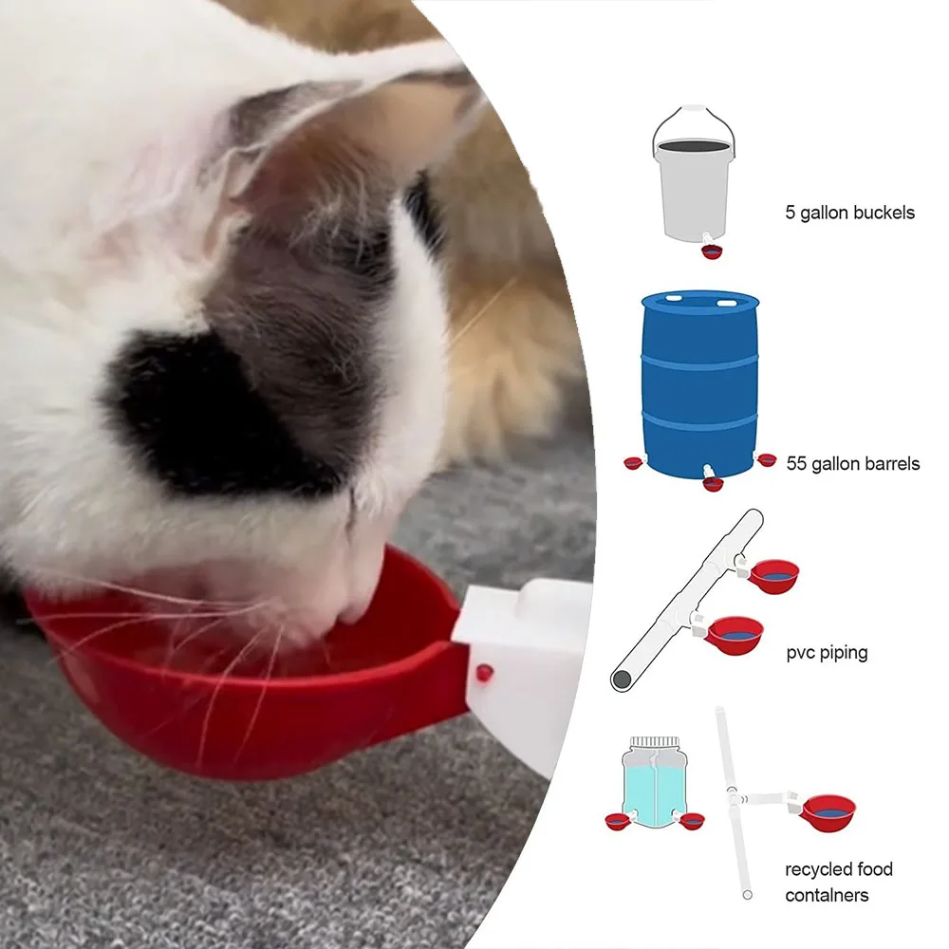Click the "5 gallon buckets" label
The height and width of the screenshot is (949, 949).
point(849,213)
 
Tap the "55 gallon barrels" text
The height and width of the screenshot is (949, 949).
point(853,464)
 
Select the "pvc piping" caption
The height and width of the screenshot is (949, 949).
point(827,653)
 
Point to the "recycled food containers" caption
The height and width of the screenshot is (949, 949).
point(838,882)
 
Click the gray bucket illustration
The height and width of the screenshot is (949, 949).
point(695,176)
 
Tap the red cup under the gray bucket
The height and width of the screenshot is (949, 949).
point(713,251)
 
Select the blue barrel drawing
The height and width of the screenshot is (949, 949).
point(699,385)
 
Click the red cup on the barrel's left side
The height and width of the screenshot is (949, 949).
point(632,464)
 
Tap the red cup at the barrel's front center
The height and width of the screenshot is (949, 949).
point(713,484)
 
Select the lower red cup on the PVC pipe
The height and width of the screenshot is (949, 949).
point(735,635)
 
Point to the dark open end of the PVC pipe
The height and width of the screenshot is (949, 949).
point(621,680)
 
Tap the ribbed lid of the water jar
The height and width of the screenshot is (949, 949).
point(655,741)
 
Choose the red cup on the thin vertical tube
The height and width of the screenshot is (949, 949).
point(828,813)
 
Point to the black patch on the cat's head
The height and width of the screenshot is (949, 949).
point(199,405)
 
